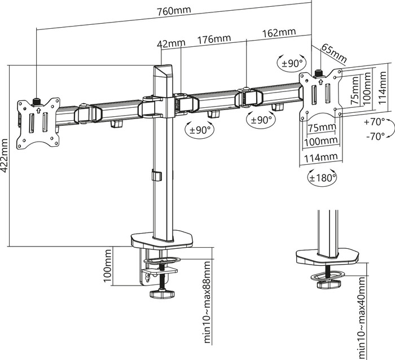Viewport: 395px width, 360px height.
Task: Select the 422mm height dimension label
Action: (x=5, y=155)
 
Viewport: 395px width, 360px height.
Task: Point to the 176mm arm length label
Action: (x=214, y=39)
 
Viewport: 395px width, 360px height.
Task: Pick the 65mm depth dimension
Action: (x=334, y=52)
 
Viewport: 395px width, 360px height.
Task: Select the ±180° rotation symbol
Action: (x=322, y=177)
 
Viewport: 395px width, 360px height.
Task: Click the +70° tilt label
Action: (x=374, y=122)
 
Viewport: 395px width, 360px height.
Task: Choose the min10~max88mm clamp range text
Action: (x=207, y=302)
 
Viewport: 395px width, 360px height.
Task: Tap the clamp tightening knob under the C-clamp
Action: (x=163, y=294)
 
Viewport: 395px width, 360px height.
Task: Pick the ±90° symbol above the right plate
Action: (x=291, y=62)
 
